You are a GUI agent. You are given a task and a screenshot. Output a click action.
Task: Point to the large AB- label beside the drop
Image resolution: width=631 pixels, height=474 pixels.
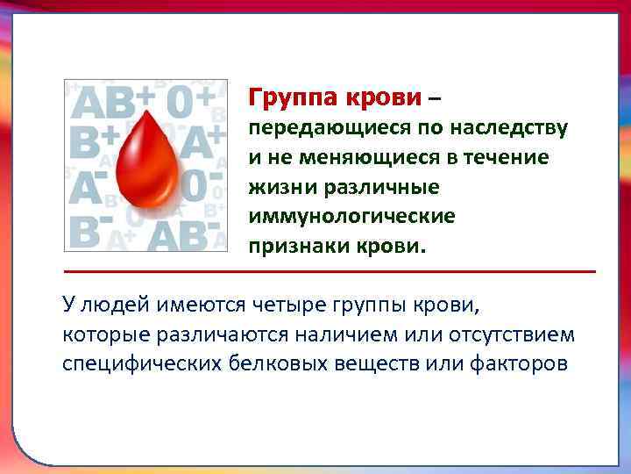pos(183,233)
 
